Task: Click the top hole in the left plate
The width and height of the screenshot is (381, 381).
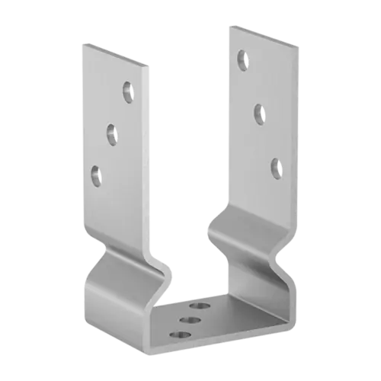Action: pyautogui.click(x=126, y=91)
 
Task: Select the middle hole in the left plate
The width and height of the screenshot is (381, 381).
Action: pyautogui.click(x=110, y=134)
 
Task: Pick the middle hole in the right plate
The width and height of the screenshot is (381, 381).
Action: pyautogui.click(x=258, y=112)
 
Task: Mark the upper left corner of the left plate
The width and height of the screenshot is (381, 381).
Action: pyautogui.click(x=82, y=45)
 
